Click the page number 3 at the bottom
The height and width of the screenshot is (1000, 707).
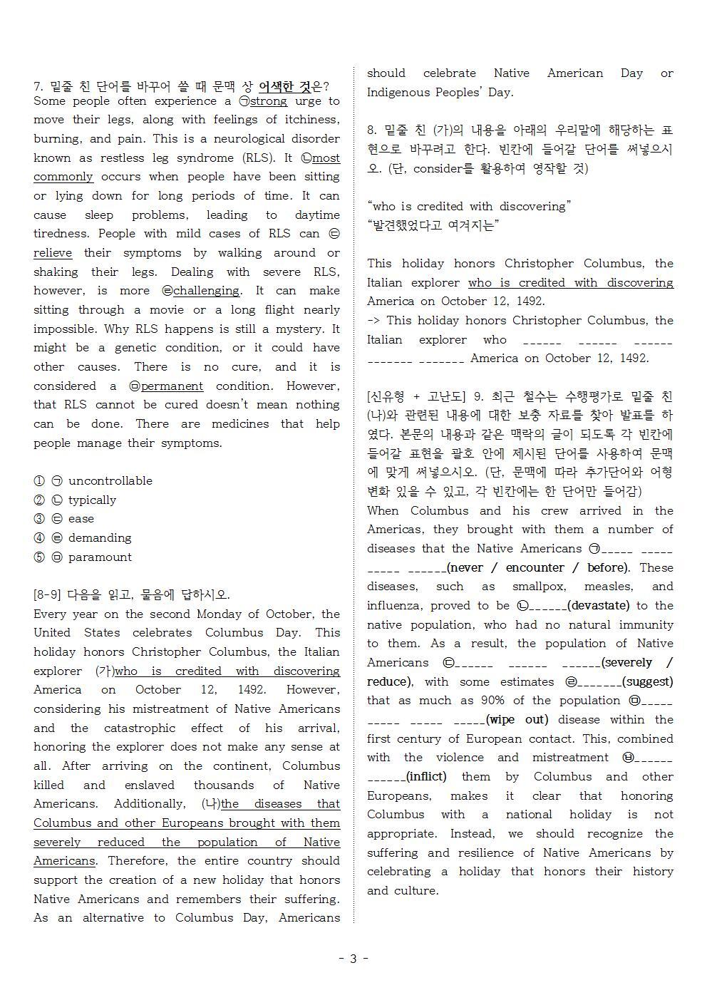click(x=353, y=959)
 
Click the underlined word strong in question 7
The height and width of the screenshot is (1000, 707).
click(x=269, y=101)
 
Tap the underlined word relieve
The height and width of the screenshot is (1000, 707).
click(x=53, y=253)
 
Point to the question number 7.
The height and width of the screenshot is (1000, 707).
click(x=38, y=86)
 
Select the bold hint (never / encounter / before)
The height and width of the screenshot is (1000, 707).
click(x=539, y=568)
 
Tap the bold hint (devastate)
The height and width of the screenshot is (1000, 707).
click(x=599, y=606)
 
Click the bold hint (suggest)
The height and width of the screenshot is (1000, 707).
click(x=648, y=682)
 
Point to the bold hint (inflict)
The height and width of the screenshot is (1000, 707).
click(x=426, y=777)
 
